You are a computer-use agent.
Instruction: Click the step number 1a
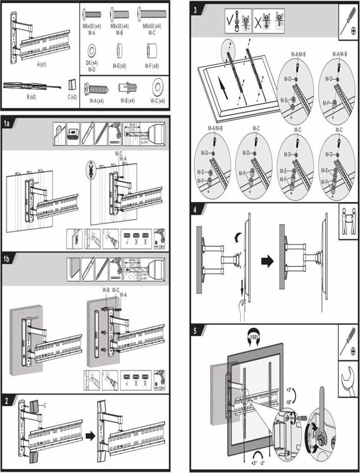tap(7, 123)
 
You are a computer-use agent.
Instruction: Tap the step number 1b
tap(7, 259)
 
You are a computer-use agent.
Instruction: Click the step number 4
tap(196, 208)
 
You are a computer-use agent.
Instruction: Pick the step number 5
tap(196, 330)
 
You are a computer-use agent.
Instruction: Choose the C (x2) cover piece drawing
tap(72, 85)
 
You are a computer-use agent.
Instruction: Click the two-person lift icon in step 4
tap(349, 221)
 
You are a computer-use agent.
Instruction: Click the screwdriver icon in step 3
tap(349, 21)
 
